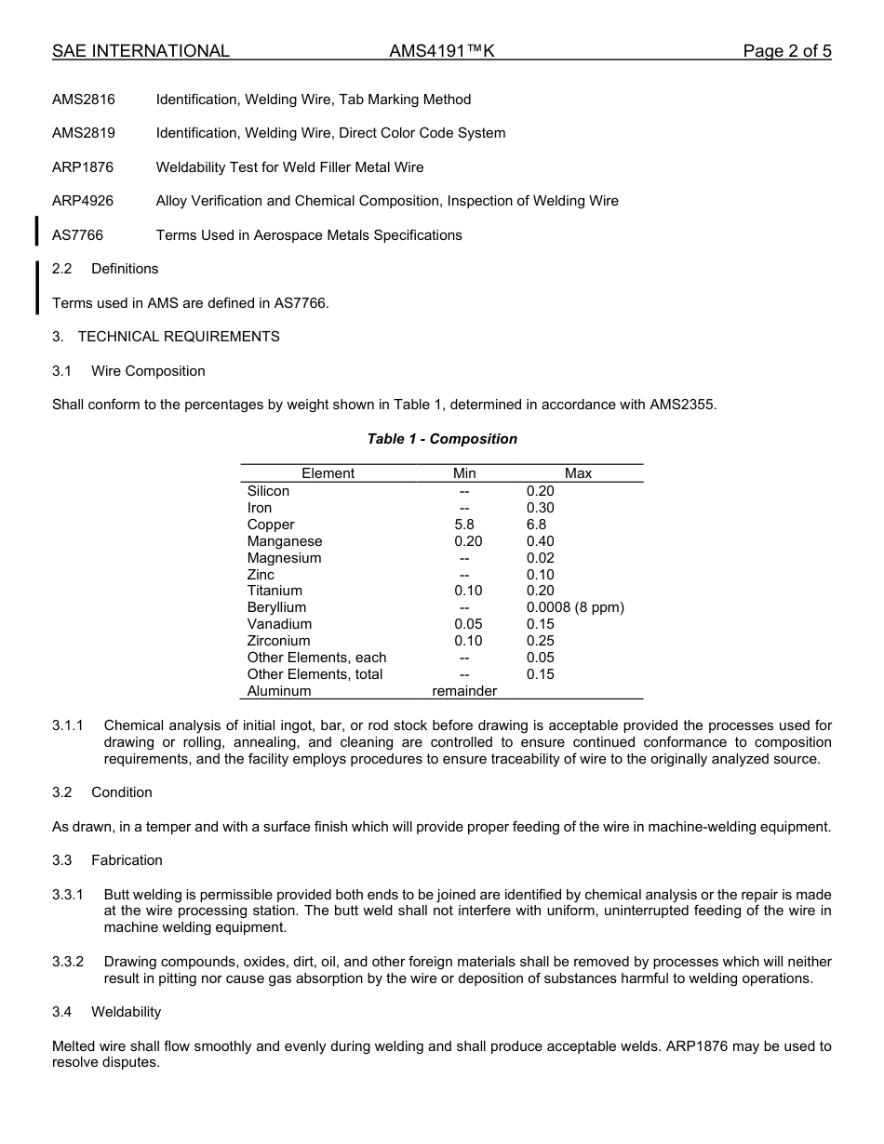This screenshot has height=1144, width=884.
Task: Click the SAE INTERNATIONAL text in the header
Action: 141,51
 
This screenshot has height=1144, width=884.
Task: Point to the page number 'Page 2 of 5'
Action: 786,51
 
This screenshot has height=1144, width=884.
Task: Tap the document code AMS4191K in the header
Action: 442,51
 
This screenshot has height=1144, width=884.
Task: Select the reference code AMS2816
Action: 84,100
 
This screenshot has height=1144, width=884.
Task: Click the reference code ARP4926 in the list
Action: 83,201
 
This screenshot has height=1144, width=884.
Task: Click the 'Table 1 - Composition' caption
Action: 442,439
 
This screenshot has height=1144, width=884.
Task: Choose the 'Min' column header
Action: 464,473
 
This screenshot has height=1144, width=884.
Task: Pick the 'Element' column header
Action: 328,473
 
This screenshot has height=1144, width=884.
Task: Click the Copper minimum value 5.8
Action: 464,525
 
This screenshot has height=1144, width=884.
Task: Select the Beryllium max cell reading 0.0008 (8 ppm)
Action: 575,607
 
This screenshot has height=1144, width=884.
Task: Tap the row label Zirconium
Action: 279,641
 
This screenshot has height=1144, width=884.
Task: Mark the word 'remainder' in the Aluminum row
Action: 464,691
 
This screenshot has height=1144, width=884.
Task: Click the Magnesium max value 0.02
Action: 540,558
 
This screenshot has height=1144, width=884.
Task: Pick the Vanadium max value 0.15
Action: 540,624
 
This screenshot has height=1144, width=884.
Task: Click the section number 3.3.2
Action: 68,962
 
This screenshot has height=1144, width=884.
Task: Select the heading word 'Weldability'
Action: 126,1012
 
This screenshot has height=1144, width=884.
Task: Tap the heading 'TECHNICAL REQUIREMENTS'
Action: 179,337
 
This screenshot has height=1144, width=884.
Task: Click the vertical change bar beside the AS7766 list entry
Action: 36,231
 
